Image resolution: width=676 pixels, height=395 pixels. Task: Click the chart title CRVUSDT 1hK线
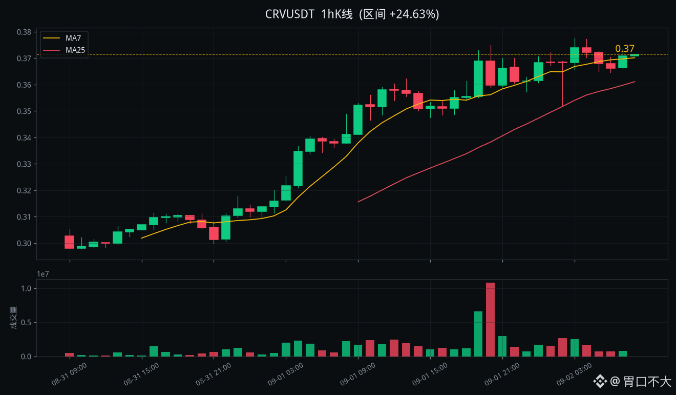(x=309, y=14)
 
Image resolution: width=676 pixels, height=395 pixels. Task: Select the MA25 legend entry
(x=64, y=50)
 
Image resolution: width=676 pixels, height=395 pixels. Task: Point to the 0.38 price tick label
(x=24, y=32)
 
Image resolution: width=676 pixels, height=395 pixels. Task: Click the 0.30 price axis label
(x=24, y=243)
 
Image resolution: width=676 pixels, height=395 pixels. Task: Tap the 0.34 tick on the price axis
(x=24, y=138)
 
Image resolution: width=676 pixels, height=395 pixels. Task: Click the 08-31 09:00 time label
(x=69, y=374)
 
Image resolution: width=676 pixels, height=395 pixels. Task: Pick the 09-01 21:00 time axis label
(x=502, y=374)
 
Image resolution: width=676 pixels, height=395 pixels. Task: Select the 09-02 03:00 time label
(x=574, y=374)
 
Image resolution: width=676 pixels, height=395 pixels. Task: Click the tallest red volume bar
(x=491, y=320)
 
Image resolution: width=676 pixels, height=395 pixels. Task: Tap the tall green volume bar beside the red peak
(x=478, y=334)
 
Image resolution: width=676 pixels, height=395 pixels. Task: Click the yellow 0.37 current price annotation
(x=625, y=48)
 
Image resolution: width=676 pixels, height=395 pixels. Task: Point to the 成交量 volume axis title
(x=13, y=318)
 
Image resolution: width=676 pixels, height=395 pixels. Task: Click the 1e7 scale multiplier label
(x=43, y=274)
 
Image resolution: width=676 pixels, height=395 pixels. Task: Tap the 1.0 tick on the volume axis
(x=26, y=288)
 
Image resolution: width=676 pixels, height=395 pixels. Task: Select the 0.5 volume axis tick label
(x=26, y=323)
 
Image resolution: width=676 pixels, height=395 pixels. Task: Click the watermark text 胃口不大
(x=647, y=381)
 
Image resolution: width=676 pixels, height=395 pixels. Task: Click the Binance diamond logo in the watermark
(x=600, y=381)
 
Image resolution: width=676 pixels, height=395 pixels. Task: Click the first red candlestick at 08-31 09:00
(x=70, y=242)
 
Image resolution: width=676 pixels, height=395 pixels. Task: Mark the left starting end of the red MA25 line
(x=358, y=202)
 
